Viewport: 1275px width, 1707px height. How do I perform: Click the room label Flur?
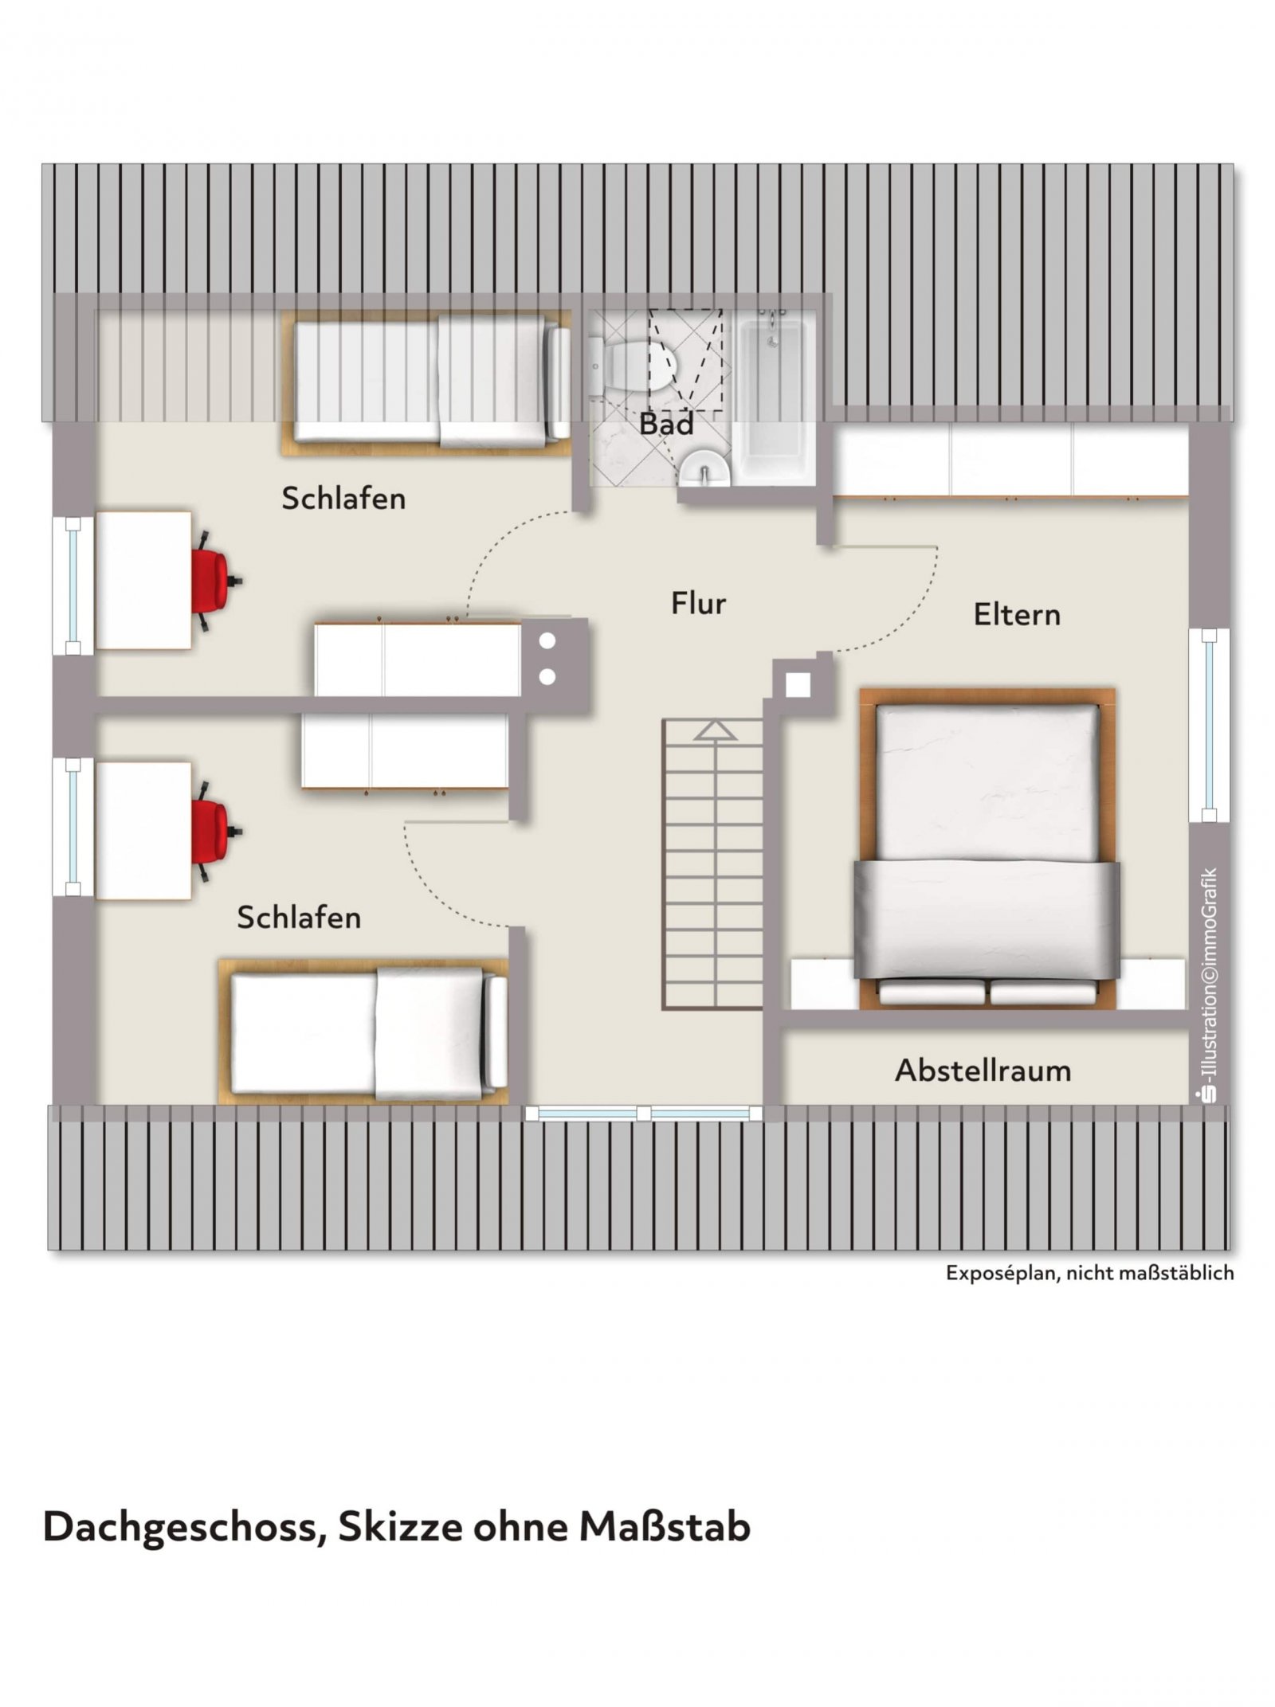click(698, 603)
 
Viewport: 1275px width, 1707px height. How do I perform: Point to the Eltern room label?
click(1017, 614)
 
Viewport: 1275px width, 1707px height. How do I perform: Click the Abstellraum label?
click(983, 1071)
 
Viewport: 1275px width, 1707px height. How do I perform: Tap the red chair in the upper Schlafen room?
click(214, 580)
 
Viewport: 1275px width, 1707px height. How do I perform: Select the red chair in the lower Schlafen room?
click(214, 831)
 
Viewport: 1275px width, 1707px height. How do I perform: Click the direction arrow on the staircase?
click(715, 730)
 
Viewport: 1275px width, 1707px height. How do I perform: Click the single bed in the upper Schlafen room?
click(426, 382)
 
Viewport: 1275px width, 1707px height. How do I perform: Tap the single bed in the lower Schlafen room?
click(363, 1031)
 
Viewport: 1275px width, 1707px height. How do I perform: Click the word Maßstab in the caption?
click(665, 1525)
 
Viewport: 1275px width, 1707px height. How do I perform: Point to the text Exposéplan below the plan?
click(1002, 1273)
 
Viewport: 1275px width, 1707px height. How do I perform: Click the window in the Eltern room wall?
click(1209, 725)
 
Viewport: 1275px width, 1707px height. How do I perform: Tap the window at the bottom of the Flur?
click(644, 1113)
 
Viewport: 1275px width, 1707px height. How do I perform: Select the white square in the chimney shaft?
click(798, 685)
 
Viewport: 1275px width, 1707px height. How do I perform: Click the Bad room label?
click(666, 424)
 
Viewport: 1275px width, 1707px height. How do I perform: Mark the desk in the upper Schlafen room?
click(143, 580)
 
